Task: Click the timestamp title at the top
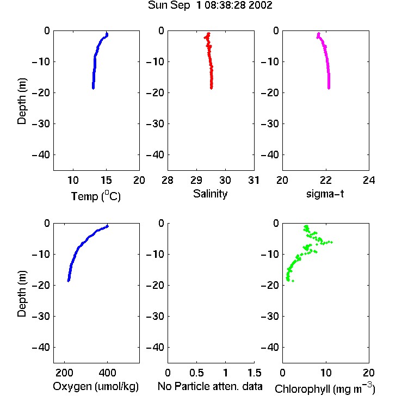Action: point(210,5)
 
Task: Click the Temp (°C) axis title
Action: point(96,196)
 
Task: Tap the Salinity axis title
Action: point(210,194)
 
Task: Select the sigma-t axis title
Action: point(325,194)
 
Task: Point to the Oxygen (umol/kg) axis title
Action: point(96,386)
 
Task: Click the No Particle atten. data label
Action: point(210,386)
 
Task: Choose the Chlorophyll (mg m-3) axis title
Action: point(325,388)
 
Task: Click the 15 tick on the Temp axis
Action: point(106,180)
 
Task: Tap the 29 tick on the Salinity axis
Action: point(196,180)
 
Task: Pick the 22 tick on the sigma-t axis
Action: point(325,180)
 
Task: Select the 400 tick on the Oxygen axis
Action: point(107,373)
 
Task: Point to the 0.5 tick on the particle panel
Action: point(196,373)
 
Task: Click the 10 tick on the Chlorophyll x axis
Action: point(325,373)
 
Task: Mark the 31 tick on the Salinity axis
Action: point(254,180)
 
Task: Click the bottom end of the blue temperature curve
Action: point(93,88)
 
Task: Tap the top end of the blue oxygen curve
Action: point(107,226)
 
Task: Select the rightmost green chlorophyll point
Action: point(331,242)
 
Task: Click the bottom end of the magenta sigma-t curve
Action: point(329,88)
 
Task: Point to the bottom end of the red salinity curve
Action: point(211,88)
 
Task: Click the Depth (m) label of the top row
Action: point(22,101)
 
